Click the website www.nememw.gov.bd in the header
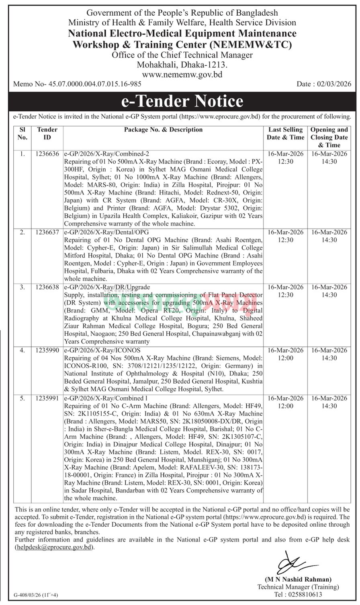182,74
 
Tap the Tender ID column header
47,133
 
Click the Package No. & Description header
163,130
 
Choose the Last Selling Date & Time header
286,133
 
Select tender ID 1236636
48,154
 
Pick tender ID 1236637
48,232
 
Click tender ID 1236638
48,287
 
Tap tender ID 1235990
48,350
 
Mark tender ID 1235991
48,398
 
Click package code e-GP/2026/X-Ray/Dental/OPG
106,232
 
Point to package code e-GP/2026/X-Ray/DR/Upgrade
107,287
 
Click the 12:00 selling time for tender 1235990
285,358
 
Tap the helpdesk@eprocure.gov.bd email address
54,547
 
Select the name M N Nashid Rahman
298,579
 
